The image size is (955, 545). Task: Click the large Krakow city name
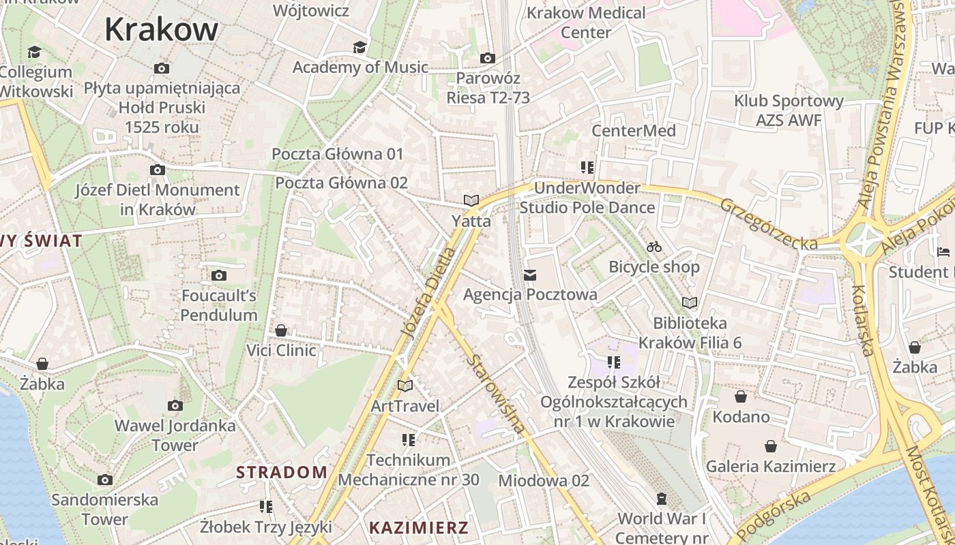[x=161, y=29]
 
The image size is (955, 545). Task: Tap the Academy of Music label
[x=360, y=67]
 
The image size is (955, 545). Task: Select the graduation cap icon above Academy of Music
[x=359, y=47]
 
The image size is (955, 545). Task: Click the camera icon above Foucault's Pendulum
[x=219, y=275]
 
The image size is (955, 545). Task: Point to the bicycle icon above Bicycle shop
[x=654, y=247]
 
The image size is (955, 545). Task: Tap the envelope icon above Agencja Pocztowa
[x=530, y=275]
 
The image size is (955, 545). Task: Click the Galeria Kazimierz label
[x=770, y=467]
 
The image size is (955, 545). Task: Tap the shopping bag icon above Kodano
[x=741, y=396]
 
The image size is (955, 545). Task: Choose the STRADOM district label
[x=282, y=472]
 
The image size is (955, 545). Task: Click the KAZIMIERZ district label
[x=419, y=527]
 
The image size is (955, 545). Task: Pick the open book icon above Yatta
[x=471, y=200]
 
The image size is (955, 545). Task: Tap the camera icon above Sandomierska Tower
[x=105, y=480]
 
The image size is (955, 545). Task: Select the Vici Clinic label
[x=281, y=351]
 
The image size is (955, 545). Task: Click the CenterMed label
[x=634, y=131]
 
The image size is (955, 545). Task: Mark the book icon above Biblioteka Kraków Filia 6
[x=690, y=302]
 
